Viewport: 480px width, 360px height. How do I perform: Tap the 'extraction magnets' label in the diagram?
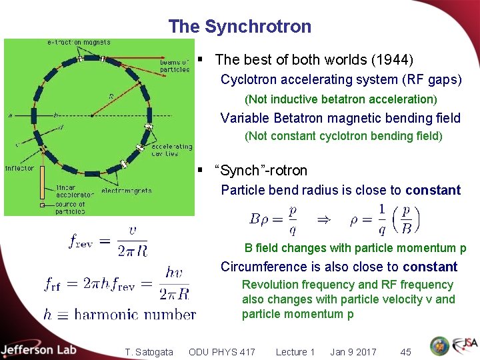click(x=79, y=43)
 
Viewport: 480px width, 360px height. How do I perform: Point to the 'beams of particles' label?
click(x=175, y=65)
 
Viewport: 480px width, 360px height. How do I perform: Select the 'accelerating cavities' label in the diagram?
click(x=171, y=149)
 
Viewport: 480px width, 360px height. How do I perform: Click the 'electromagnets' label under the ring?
click(x=126, y=191)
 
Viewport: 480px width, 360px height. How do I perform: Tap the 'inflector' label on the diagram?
click(x=19, y=168)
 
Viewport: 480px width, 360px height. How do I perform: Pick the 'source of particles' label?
click(x=70, y=207)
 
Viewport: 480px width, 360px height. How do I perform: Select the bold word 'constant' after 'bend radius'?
click(x=433, y=190)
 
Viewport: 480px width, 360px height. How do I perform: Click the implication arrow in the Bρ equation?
click(x=323, y=218)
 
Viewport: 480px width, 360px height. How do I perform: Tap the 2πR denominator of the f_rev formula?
click(x=132, y=250)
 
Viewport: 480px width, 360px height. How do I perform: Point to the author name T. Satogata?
click(x=149, y=351)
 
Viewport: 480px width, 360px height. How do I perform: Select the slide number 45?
click(x=405, y=351)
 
